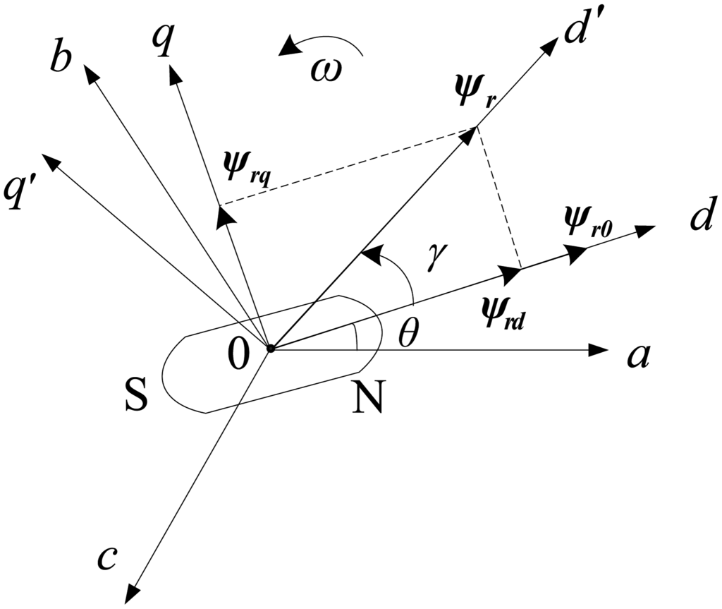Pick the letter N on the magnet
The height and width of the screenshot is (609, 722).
click(368, 400)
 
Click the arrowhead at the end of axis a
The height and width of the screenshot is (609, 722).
click(599, 349)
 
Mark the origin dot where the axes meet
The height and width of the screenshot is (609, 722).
click(270, 347)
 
